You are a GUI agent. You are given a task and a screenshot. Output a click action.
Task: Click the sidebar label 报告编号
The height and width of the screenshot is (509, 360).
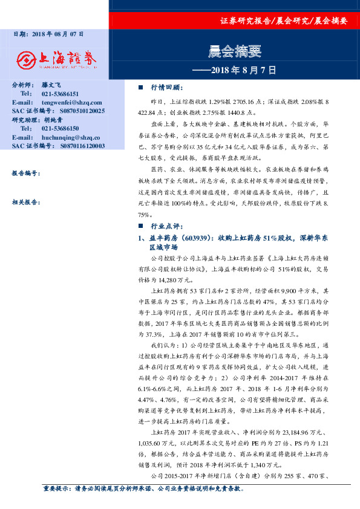(25, 173)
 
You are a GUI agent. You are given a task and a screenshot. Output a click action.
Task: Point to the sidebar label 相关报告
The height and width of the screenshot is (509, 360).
(25, 203)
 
